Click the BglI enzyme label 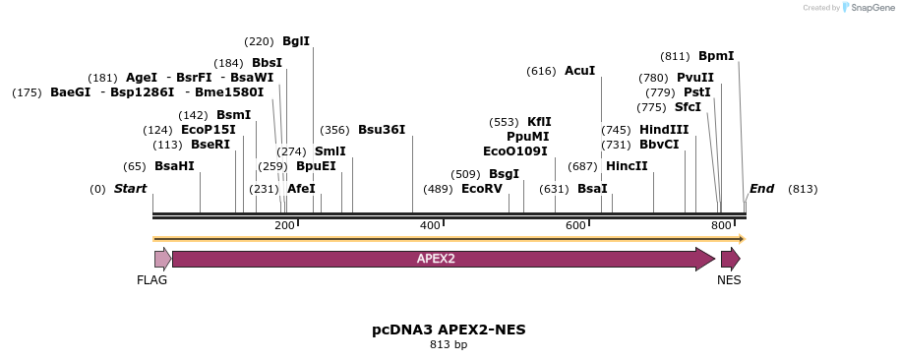(x=295, y=41)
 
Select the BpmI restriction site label (x=716, y=56)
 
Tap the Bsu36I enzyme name (x=382, y=130)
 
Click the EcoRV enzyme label (x=482, y=189)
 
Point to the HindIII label (x=664, y=130)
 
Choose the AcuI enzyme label (x=579, y=71)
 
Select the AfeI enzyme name (x=301, y=189)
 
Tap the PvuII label (x=695, y=78)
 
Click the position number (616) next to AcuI (x=542, y=71)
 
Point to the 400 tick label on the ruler (x=430, y=226)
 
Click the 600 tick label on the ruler (x=575, y=226)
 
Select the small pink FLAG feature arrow (x=162, y=259)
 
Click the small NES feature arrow (x=730, y=259)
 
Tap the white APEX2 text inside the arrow (x=436, y=259)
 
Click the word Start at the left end (x=130, y=189)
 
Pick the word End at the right (x=762, y=189)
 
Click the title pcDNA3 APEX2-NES (x=449, y=330)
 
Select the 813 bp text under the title (x=449, y=345)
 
